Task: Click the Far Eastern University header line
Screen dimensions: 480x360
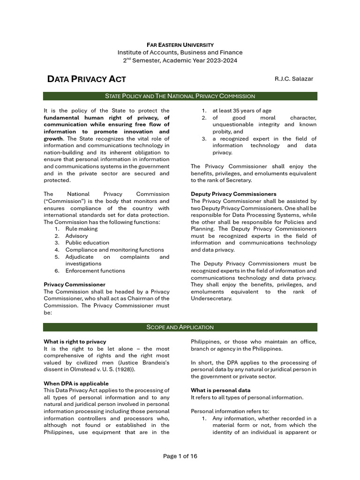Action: (x=180, y=45)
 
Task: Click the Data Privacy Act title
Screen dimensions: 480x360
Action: (x=87, y=79)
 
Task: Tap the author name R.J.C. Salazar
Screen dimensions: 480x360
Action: (x=293, y=79)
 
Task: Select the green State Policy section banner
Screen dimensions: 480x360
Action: (x=180, y=96)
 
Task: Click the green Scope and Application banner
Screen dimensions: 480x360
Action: (x=180, y=327)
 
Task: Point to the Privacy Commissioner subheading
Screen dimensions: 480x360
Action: (x=75, y=285)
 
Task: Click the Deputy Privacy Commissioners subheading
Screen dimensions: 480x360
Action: (x=233, y=194)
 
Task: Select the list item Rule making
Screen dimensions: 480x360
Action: (x=82, y=229)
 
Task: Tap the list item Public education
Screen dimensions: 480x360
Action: (x=87, y=243)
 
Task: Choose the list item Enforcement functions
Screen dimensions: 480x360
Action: (x=95, y=270)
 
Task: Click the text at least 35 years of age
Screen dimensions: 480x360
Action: (x=241, y=111)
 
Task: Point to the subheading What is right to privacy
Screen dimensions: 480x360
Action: (x=75, y=342)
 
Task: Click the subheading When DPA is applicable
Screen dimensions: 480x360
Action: (x=76, y=383)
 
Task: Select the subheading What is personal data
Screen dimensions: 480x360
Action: (x=220, y=390)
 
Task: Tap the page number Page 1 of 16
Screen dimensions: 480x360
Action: (x=180, y=456)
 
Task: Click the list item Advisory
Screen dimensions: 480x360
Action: (x=76, y=236)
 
